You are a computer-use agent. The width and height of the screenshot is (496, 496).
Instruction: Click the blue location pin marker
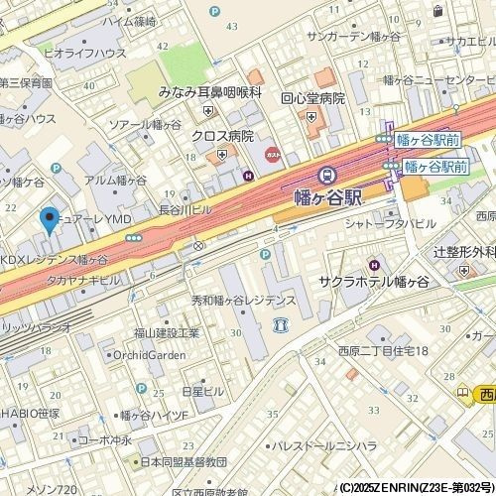(x=48, y=220)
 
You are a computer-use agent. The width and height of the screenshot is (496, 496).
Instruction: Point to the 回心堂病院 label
(x=311, y=99)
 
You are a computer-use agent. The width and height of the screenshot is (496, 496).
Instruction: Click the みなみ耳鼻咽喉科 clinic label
(x=209, y=91)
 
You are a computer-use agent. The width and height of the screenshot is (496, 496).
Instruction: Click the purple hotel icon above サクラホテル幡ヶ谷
(x=373, y=264)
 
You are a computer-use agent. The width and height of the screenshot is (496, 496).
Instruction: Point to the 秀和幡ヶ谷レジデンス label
(x=244, y=300)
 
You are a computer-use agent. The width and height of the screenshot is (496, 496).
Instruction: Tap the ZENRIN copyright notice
(x=416, y=488)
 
